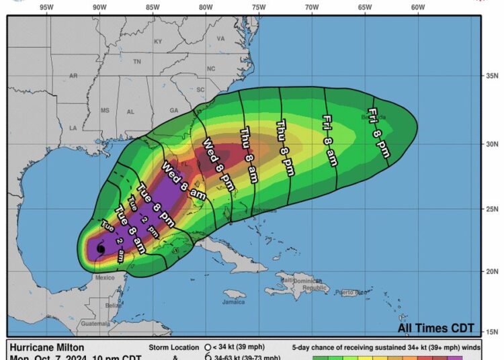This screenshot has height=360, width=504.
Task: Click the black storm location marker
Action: [x=101, y=249]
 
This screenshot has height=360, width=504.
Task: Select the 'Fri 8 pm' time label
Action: [x=378, y=133]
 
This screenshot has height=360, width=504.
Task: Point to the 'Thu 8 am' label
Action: [x=248, y=154]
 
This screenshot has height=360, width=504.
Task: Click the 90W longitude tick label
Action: [x=99, y=7]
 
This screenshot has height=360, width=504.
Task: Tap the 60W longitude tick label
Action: [x=417, y=7]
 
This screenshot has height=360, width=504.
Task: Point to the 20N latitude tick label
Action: [x=493, y=271]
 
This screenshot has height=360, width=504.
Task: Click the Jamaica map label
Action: [x=233, y=302]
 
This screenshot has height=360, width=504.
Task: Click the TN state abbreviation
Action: [x=137, y=62]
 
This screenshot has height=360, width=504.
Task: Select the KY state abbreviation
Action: [x=158, y=42]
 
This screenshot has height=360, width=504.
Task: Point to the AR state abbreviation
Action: [x=73, y=76]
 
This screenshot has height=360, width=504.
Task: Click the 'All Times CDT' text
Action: [x=436, y=328]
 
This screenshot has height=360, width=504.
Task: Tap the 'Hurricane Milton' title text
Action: [x=47, y=348]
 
